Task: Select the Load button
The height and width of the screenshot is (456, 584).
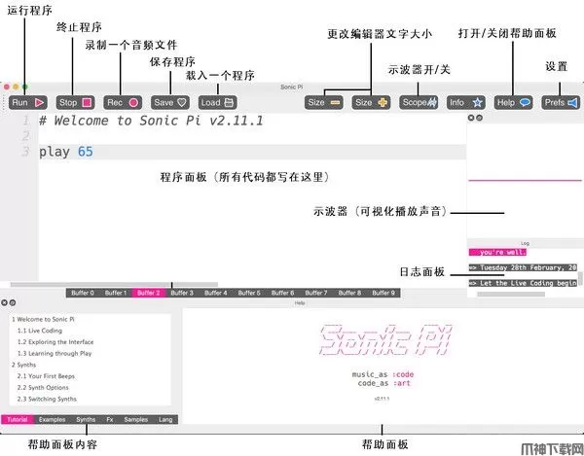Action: (x=217, y=101)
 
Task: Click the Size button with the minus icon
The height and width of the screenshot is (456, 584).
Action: (x=324, y=101)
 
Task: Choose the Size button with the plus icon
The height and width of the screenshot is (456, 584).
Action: (x=371, y=101)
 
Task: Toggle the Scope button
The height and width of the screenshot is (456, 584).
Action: (x=419, y=101)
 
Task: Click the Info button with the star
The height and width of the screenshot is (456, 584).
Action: (x=466, y=101)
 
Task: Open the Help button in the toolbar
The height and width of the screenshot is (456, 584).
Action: (x=513, y=101)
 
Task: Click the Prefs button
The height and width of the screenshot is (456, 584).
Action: (x=561, y=101)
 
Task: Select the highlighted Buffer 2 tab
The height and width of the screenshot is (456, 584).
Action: (x=148, y=292)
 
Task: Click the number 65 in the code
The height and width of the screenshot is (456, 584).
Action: (x=86, y=152)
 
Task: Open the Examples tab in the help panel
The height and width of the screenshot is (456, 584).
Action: (x=53, y=419)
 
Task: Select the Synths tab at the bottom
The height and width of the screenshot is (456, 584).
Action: (x=87, y=419)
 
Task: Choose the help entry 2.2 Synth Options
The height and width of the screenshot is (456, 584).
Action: (x=45, y=388)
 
